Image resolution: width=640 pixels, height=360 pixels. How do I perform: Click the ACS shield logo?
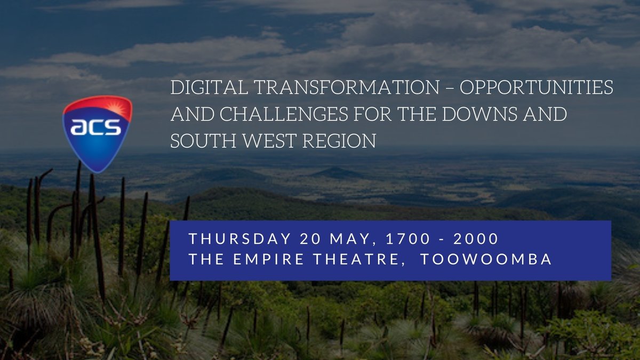pos(97,133)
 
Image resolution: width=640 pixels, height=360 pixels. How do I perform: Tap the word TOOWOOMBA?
pos(486,260)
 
